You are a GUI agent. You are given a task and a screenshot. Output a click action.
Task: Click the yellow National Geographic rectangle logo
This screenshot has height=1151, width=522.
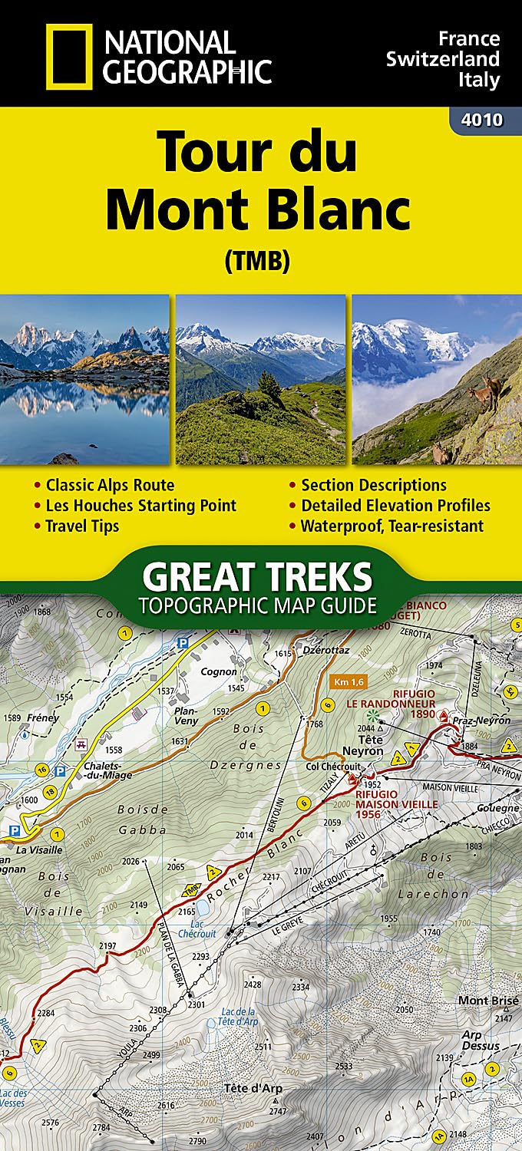(x=69, y=54)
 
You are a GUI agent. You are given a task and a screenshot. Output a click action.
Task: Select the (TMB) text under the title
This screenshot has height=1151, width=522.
(x=256, y=262)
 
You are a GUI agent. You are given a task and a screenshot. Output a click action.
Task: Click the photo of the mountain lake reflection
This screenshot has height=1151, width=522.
(x=84, y=379)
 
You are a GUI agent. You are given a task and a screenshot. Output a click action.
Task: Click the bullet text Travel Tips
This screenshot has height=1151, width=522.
(x=82, y=526)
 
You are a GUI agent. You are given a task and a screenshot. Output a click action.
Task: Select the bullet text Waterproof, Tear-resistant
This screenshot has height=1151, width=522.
(x=392, y=526)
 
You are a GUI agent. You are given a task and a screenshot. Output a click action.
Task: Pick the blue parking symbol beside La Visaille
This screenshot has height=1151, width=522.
(x=13, y=830)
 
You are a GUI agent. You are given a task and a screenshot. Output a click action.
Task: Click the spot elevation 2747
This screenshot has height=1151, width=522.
(x=278, y=1111)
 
